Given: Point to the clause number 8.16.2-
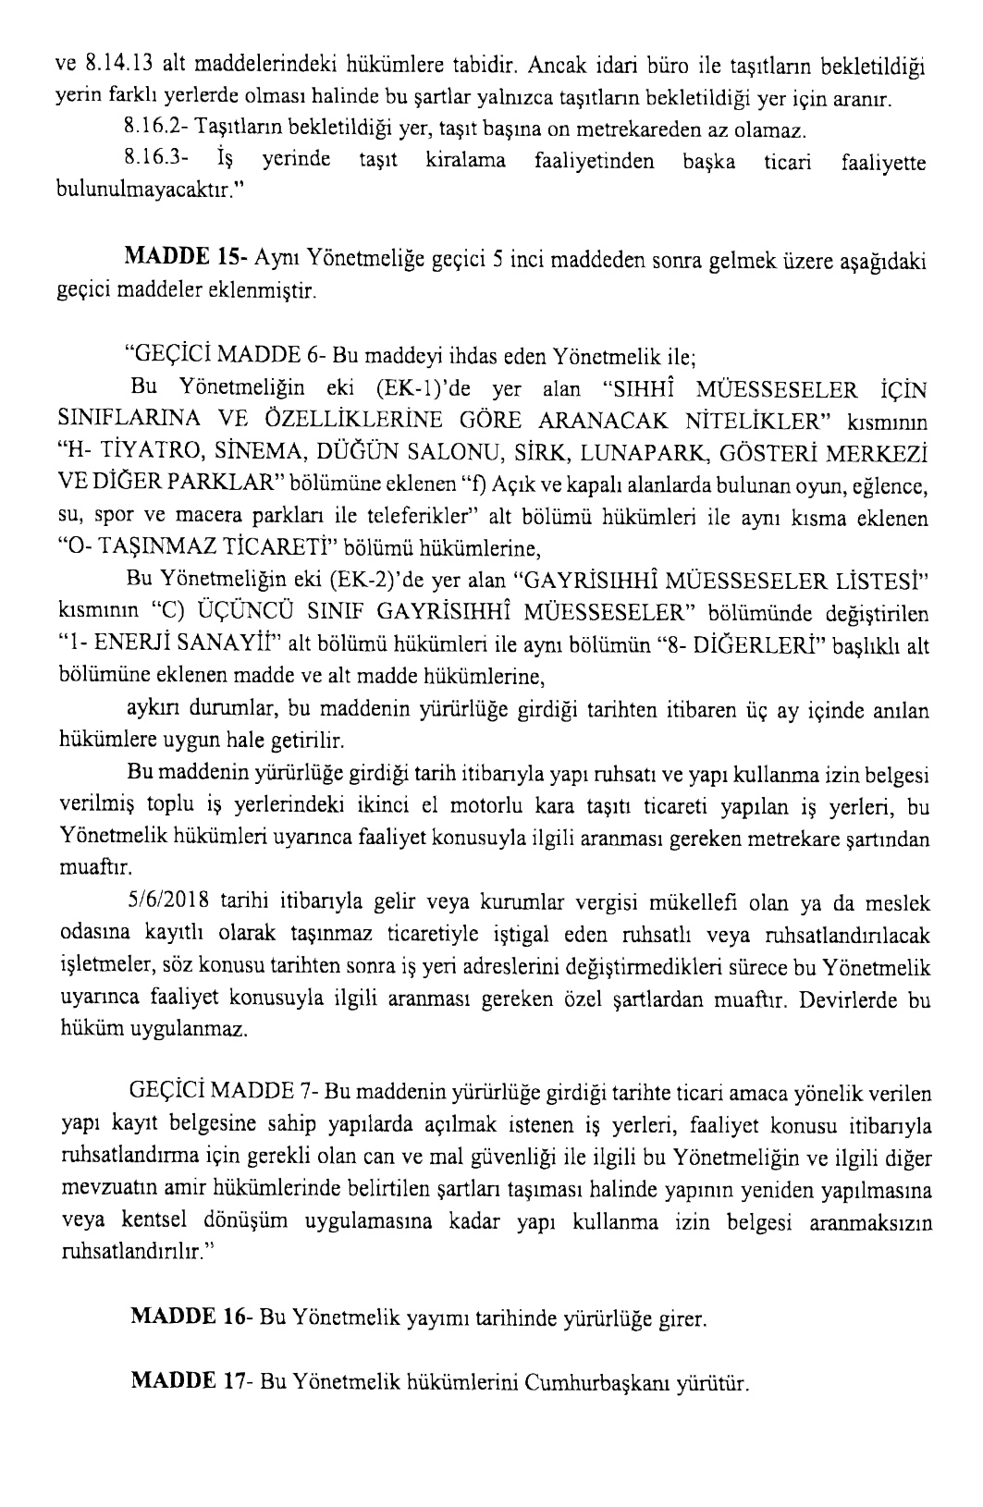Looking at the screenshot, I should [x=151, y=126].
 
